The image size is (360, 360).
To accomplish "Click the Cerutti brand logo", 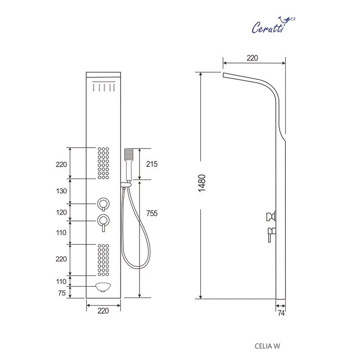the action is tap(273, 25).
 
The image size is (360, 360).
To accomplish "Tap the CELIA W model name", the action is tap(267, 346).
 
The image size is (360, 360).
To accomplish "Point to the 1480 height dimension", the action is tap(202, 183).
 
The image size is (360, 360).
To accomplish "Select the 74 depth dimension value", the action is tap(281, 313).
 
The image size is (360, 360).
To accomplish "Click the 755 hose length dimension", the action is tap(152, 213).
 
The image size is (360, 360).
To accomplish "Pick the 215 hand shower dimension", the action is tap(152, 164).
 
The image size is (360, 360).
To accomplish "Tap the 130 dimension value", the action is tap(61, 191).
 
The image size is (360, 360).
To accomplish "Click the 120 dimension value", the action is tap(61, 212).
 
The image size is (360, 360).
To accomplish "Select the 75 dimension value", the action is tap(62, 293).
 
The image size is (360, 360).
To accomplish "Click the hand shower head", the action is tap(129, 154).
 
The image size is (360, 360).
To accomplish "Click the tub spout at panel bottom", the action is tap(103, 287).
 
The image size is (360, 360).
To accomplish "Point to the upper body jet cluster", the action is tap(103, 163).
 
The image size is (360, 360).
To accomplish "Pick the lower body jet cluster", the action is tap(103, 260).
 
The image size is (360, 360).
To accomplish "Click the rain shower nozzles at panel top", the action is tap(104, 87).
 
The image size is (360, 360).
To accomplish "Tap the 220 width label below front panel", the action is tap(103, 310).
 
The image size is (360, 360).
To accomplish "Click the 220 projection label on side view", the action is tap(252, 58).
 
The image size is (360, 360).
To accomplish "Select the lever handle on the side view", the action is tap(271, 234).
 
